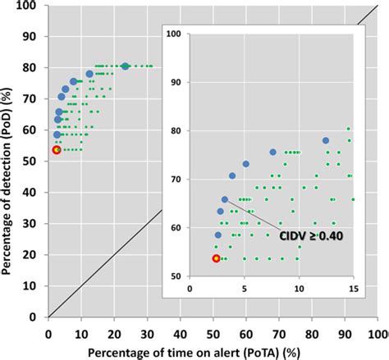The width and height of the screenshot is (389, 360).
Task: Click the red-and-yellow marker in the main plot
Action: point(56,150)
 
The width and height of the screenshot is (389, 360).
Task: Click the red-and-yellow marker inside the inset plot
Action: point(216,258)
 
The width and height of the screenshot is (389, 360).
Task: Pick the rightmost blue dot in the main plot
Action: point(125,66)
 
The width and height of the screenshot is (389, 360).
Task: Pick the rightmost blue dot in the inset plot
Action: point(326,141)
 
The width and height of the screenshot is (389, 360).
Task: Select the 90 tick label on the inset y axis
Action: point(174,82)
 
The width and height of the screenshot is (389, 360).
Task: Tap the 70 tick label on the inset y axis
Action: point(174,179)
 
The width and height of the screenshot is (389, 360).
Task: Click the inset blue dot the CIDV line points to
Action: point(225,199)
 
